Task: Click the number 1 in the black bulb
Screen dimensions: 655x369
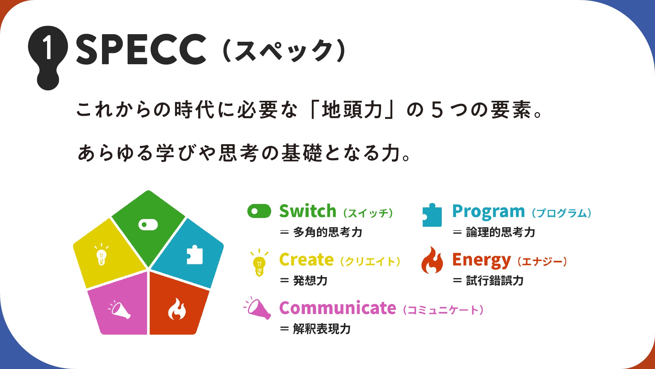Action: coord(48,47)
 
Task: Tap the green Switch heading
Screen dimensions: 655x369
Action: coord(308,211)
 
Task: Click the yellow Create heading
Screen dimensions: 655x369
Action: coord(306,260)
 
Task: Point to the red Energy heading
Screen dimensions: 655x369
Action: coord(481,261)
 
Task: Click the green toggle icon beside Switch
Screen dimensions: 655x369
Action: coord(259,211)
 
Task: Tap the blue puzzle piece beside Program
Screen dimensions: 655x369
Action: coord(432,215)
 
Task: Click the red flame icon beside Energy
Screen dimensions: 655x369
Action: coord(432,260)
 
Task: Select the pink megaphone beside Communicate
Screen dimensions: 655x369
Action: coord(258,308)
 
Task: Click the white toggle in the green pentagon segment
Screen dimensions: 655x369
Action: coord(148,224)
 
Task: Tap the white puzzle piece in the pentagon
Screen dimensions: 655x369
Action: coord(195,255)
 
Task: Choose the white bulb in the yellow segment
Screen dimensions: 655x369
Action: coord(101,255)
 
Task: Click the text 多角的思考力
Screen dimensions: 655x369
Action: coord(327,232)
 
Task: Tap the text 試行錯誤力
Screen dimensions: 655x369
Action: coord(495,281)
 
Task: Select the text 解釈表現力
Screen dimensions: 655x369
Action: coord(322,329)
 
